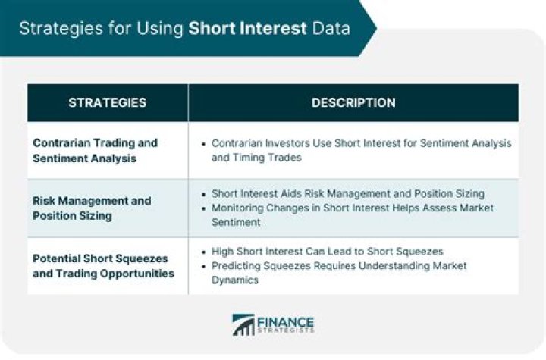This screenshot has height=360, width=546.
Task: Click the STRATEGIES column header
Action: [107, 102]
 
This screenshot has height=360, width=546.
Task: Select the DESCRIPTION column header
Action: [353, 102]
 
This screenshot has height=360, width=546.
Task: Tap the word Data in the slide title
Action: [331, 29]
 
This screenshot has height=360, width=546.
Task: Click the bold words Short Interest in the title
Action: [248, 29]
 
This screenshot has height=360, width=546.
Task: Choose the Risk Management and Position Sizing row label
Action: [91, 208]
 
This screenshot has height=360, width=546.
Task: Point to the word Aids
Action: [294, 193]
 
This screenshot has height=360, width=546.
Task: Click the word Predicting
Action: [236, 265]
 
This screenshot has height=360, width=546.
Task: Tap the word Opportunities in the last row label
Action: [132, 272]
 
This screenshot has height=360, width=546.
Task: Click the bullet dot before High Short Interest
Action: [204, 252]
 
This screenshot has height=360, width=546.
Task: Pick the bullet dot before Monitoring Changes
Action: [204, 208]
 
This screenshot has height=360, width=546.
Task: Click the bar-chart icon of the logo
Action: [243, 324]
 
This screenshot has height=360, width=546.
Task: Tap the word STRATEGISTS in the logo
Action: [285, 330]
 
